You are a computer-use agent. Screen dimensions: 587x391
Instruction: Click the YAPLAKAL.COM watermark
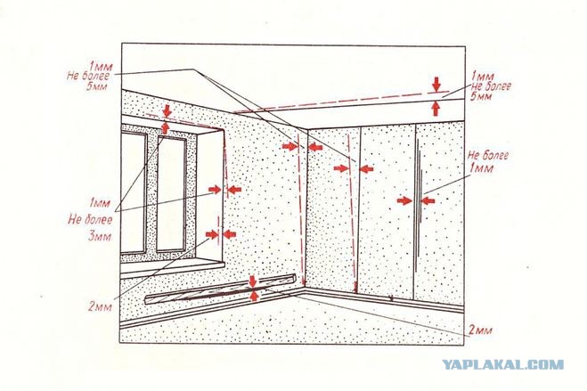click(x=502, y=364)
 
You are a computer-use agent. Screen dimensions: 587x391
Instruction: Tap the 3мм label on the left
click(x=100, y=237)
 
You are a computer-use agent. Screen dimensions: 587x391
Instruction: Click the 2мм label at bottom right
click(x=480, y=330)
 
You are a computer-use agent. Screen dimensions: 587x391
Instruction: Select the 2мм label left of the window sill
click(x=100, y=306)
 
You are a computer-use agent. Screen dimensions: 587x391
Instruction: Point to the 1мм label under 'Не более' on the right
click(x=481, y=168)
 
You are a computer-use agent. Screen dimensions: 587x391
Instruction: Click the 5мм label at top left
click(x=96, y=86)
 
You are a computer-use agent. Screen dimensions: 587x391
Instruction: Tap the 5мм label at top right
click(x=480, y=97)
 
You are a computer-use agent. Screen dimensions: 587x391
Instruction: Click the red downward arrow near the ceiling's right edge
click(x=436, y=85)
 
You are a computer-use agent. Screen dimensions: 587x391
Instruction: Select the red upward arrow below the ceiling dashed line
click(x=435, y=108)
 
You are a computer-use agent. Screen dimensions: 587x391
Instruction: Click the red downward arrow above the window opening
click(x=167, y=110)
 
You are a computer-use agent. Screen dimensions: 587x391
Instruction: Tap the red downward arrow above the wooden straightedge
click(x=253, y=281)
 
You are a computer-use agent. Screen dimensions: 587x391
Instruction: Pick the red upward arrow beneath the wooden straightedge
click(x=254, y=296)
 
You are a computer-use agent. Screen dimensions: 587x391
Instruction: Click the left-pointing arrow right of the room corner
click(x=314, y=147)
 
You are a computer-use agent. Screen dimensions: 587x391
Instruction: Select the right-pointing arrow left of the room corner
click(x=289, y=146)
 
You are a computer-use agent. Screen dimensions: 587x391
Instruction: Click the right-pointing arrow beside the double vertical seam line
click(x=404, y=201)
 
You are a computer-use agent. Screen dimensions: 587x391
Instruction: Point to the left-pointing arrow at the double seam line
click(x=428, y=201)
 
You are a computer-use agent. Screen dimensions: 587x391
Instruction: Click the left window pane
click(x=133, y=192)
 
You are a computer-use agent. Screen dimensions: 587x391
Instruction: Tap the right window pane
click(x=171, y=194)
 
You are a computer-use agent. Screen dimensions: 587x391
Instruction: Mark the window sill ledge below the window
click(x=172, y=269)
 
